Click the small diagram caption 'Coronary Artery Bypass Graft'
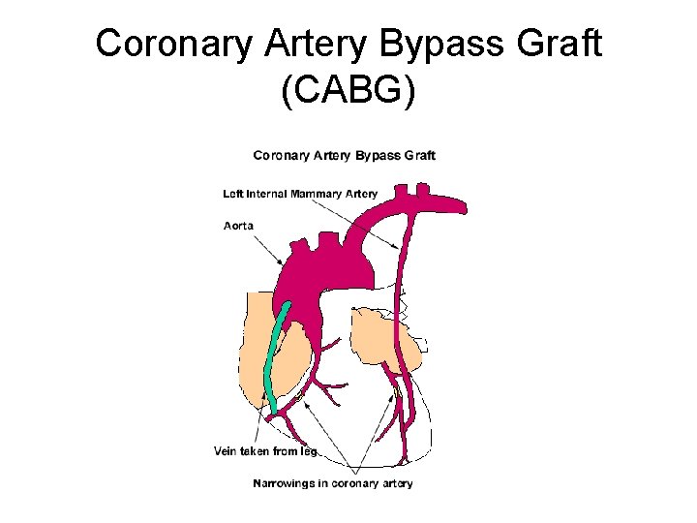coord(344,155)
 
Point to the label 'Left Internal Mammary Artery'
coord(300,194)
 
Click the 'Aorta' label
coord(238,226)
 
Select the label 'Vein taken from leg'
coord(265,449)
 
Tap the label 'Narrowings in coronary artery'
coord(333,482)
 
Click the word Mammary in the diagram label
coord(316,194)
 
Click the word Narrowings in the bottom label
coord(285,482)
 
